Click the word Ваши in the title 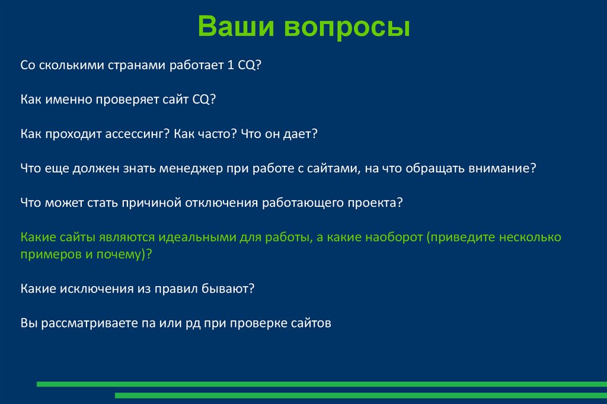point(235,27)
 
